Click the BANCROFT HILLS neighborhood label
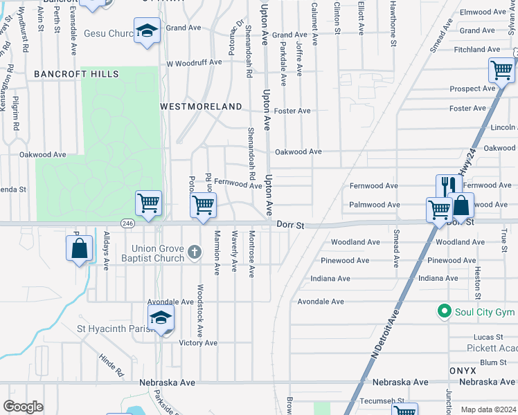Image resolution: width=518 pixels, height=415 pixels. (76, 74)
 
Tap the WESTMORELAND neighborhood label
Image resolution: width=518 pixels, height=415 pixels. (201, 107)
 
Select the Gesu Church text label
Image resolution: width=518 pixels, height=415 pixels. (109, 33)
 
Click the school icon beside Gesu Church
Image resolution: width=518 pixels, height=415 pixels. (147, 30)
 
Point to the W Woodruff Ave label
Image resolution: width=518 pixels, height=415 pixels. (194, 62)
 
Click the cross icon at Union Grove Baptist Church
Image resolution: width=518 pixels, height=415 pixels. (194, 252)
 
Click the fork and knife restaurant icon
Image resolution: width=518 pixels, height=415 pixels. (449, 185)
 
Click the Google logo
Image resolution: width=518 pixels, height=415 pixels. (23, 407)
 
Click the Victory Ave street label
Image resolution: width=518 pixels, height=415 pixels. (198, 343)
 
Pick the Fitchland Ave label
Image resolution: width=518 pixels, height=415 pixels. (476, 50)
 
